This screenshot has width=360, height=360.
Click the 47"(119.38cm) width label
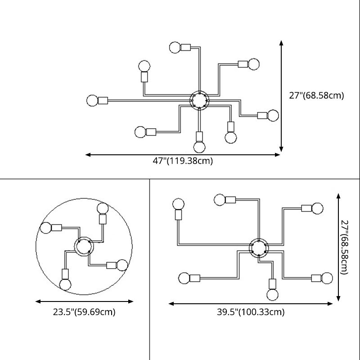[183, 161]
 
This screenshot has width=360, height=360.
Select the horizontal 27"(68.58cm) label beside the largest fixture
[316, 95]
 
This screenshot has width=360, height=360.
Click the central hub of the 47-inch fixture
[198, 99]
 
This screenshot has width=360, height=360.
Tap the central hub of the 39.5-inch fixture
[259, 247]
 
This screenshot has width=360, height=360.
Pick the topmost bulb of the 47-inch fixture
[175, 47]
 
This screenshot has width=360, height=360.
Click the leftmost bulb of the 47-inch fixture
[92, 100]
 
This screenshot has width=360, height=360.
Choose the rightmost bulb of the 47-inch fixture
[274, 115]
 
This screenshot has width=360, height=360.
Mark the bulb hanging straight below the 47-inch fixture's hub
[199, 147]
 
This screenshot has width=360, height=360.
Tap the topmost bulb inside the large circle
[103, 209]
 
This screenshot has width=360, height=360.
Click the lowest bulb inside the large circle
[65, 284]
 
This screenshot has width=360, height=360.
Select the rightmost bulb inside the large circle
[121, 265]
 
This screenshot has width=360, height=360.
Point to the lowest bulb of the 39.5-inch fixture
[272, 295]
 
